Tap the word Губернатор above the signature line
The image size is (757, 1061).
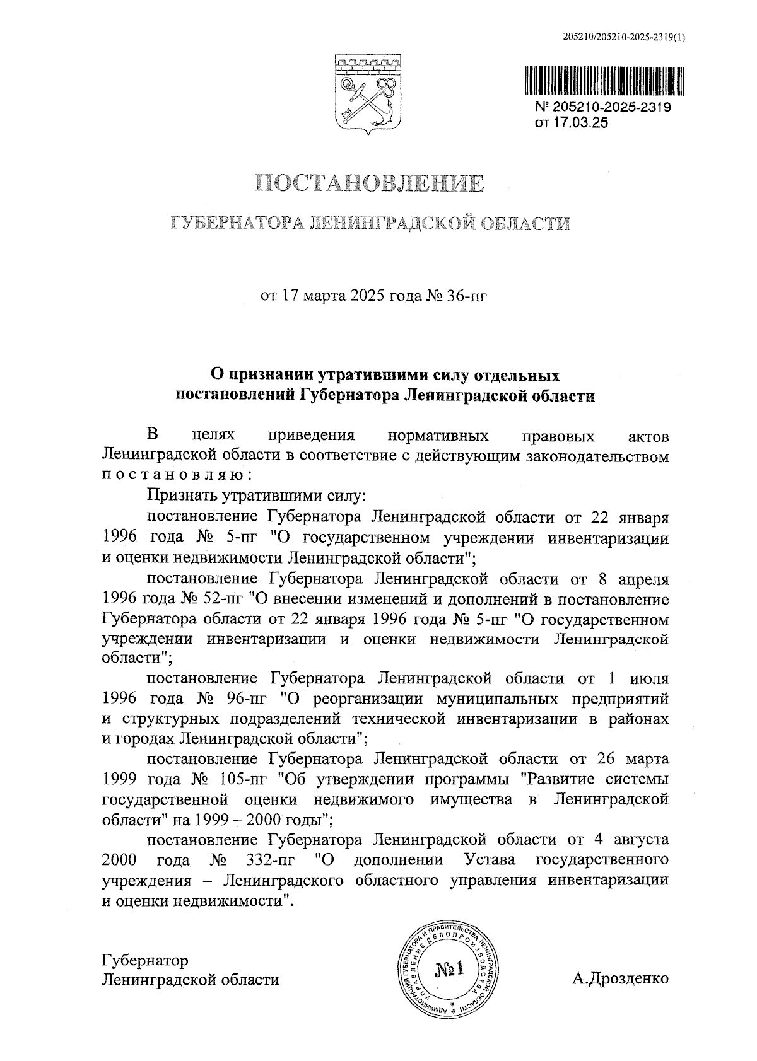[x=144, y=961]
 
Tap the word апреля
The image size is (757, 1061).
[x=639, y=579]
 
